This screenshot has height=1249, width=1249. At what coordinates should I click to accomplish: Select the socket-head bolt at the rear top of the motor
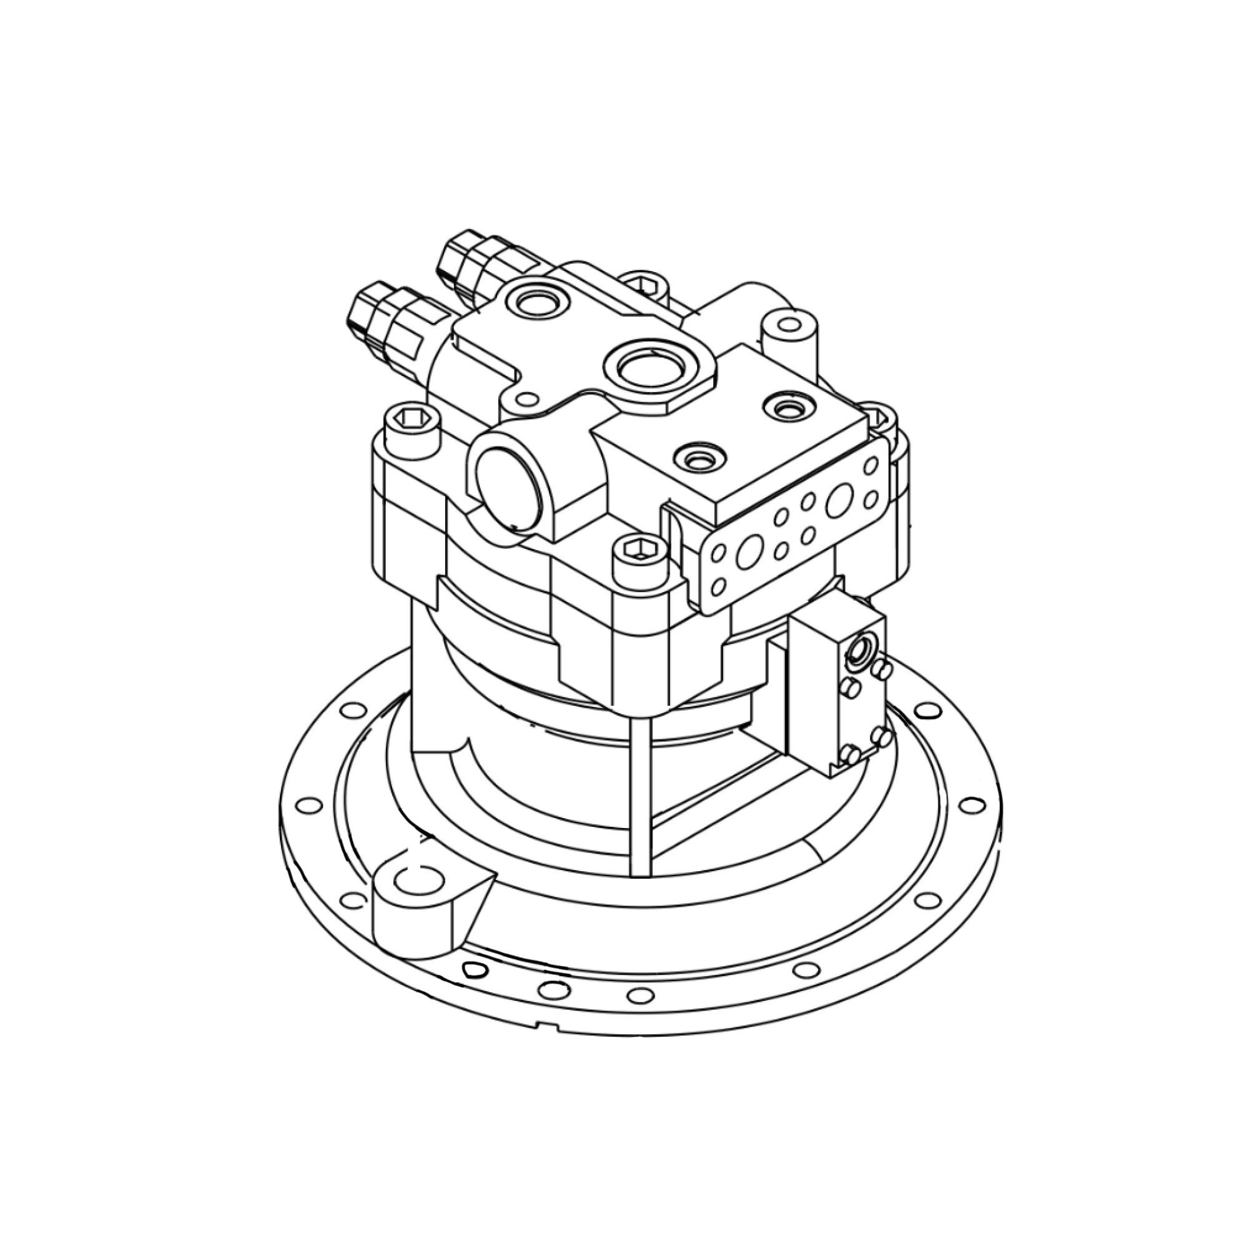(641, 284)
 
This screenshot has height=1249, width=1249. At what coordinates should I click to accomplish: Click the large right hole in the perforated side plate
(838, 500)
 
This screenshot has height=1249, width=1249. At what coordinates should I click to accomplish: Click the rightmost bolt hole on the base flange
(969, 805)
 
